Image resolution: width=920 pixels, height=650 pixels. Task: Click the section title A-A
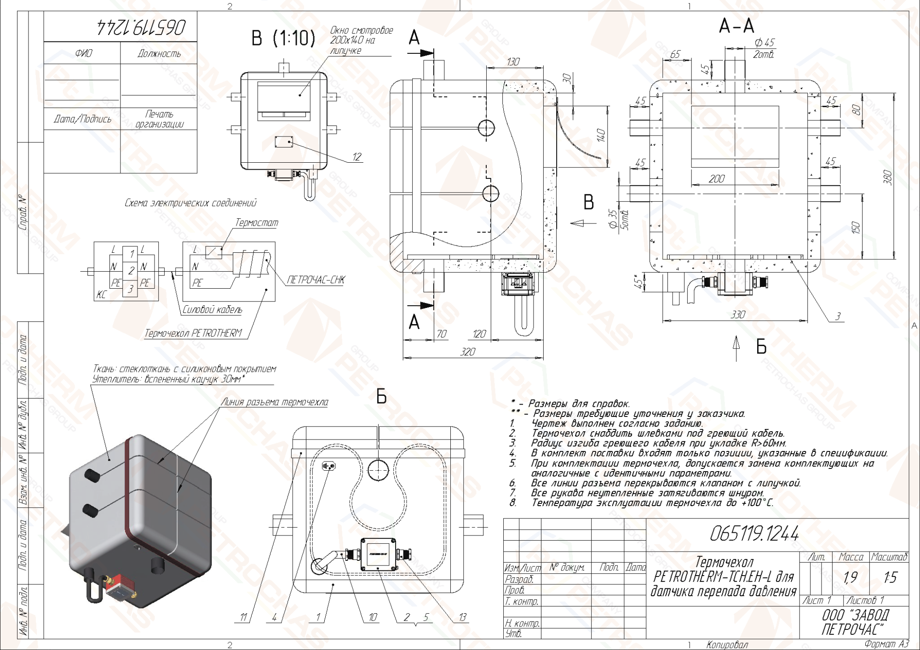[736, 26]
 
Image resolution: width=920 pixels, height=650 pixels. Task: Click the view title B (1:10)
[283, 38]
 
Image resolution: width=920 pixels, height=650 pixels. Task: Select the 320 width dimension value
[467, 352]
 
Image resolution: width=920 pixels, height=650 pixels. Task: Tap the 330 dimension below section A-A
[738, 314]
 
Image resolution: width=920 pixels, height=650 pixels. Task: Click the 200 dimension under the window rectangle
[716, 179]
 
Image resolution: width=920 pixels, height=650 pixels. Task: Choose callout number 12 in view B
[357, 157]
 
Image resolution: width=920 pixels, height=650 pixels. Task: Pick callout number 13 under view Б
[462, 617]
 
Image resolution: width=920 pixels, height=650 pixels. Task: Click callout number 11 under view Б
[243, 617]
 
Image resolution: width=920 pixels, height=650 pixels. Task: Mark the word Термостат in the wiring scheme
[257, 223]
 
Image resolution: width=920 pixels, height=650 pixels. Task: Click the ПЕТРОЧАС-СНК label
[316, 279]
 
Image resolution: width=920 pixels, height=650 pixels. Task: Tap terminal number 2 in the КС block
[131, 271]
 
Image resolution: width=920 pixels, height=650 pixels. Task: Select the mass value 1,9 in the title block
[850, 577]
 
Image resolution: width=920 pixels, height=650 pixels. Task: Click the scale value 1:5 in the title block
[890, 577]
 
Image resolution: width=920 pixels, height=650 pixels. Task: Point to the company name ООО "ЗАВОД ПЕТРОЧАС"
[855, 622]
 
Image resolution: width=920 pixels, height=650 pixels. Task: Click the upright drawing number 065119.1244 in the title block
[754, 534]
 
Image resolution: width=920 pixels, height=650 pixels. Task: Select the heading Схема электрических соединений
[190, 203]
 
